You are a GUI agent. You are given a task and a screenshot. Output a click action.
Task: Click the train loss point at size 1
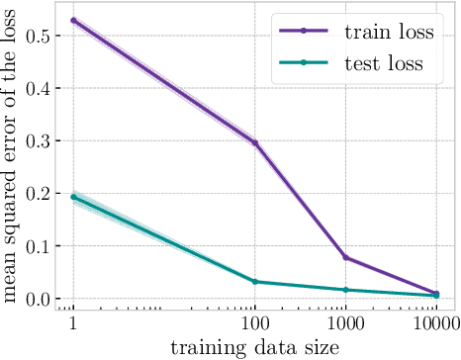coord(73,20)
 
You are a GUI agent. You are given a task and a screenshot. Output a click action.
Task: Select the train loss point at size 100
coord(254,142)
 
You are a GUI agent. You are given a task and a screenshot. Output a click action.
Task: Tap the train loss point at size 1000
coord(344,257)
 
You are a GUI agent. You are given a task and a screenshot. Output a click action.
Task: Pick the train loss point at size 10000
coord(434,293)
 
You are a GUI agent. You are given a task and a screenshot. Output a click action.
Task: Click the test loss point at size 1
coord(73,197)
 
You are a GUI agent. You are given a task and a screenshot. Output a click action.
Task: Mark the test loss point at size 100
coord(254,282)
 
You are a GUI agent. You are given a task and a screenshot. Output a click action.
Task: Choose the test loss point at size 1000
coord(344,290)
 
